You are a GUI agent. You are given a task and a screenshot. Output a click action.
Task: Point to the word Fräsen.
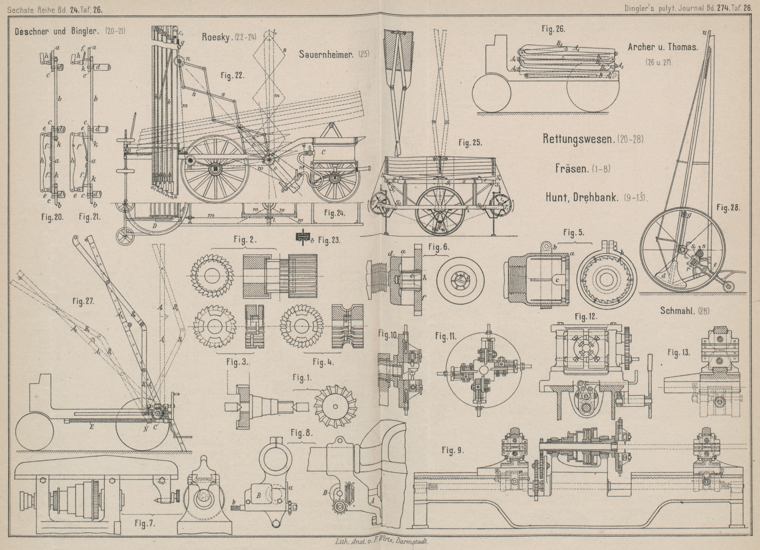click(570, 168)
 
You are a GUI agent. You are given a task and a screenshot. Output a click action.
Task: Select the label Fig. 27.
click(84, 300)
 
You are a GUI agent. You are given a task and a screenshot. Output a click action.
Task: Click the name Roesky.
click(217, 37)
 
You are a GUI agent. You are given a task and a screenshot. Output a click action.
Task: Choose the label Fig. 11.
click(446, 336)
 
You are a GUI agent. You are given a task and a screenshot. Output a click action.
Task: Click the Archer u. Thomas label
click(662, 47)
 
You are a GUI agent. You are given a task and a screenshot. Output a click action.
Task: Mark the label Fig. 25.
click(470, 142)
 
